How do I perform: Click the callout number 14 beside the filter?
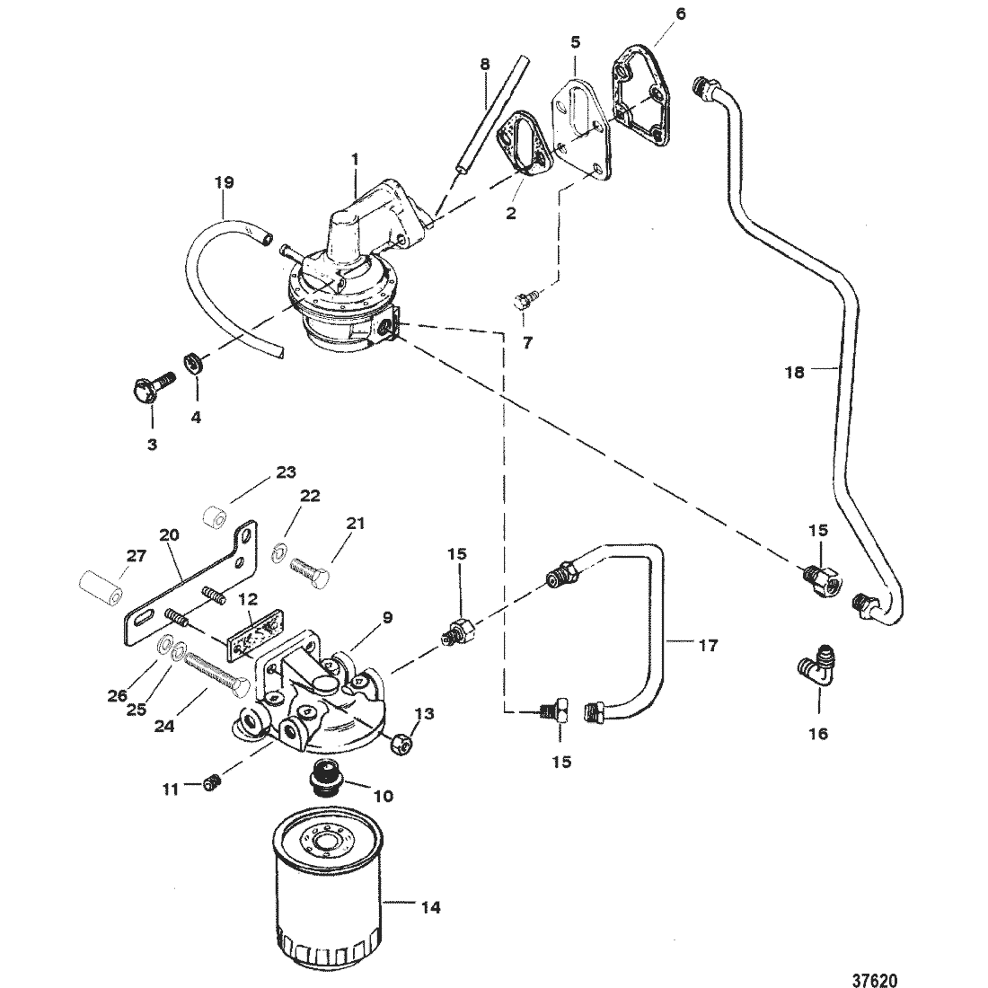tap(431, 907)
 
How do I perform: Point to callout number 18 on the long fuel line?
tap(795, 372)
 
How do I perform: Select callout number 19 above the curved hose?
tap(224, 182)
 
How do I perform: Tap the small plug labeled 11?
tap(213, 785)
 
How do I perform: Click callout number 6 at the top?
tap(679, 13)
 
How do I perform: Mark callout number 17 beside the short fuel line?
tap(708, 645)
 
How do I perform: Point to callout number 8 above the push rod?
tap(484, 64)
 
